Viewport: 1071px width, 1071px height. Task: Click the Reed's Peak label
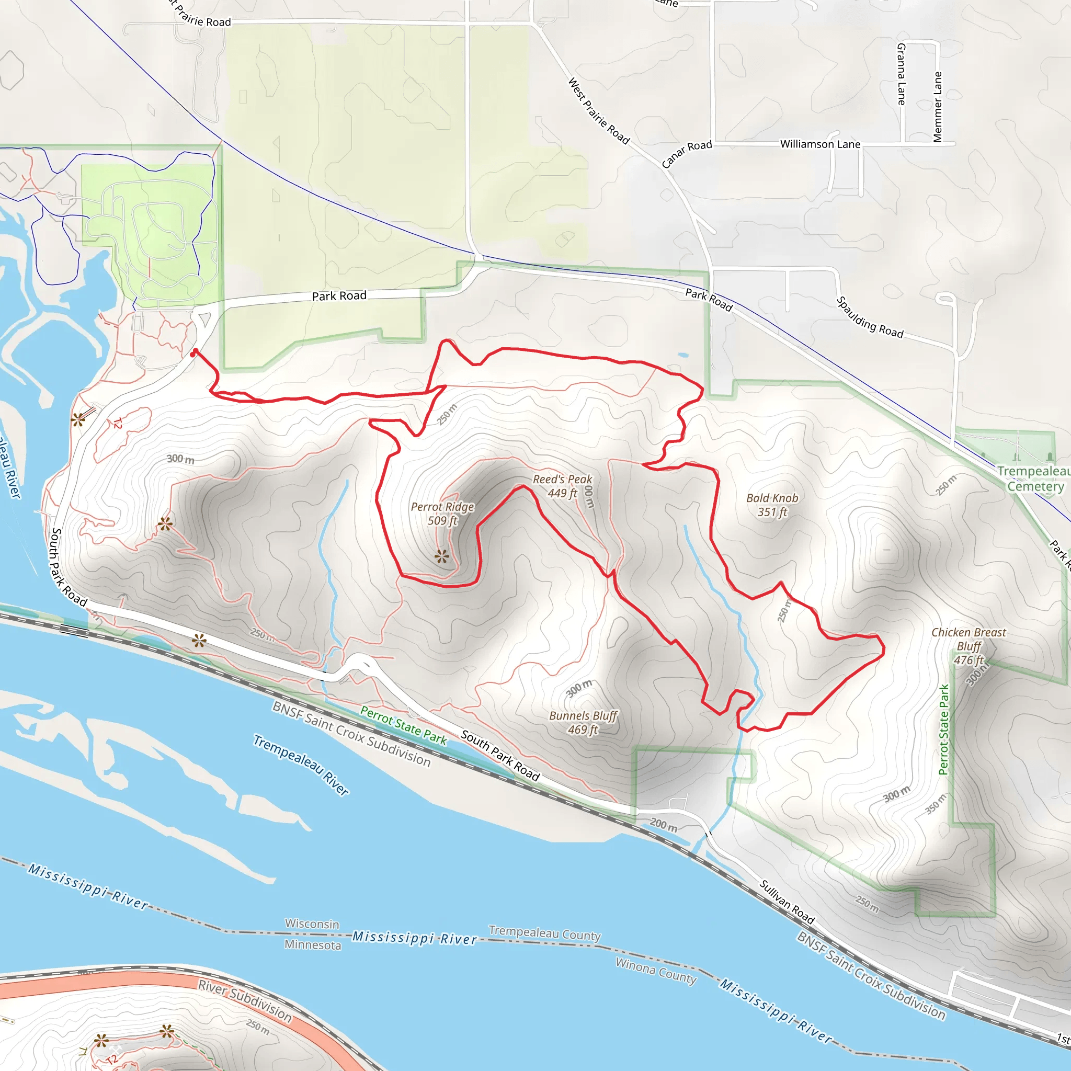562,486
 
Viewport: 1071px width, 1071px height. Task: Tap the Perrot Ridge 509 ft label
442,514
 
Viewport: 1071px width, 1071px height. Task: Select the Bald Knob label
772,505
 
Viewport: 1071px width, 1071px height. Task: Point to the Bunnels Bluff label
583,722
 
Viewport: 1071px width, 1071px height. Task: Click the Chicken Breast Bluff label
969,646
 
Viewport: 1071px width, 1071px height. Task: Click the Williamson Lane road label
820,144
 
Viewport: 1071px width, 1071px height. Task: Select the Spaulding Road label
870,317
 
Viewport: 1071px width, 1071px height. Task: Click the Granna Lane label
902,74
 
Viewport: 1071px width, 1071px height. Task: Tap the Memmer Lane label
938,107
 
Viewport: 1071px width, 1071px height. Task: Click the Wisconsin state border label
312,924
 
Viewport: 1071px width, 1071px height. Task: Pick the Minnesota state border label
313,944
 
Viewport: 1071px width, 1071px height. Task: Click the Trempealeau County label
544,933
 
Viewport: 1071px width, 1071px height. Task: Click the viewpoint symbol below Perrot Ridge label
441,556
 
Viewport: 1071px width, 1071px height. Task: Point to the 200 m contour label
664,825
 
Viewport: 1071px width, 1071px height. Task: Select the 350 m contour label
936,804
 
